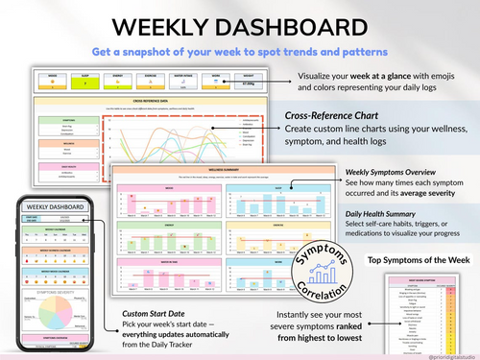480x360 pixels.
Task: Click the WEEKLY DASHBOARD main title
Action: (239, 25)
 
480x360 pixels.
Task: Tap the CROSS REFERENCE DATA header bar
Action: (154, 100)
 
